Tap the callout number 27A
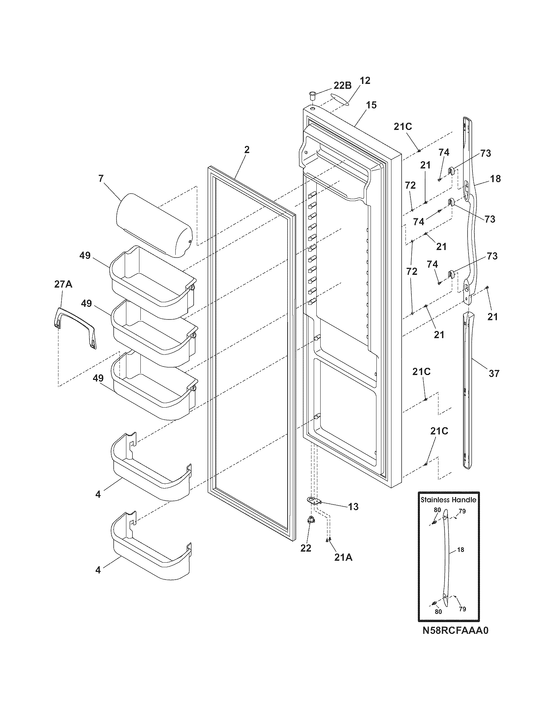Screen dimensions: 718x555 tap(63, 284)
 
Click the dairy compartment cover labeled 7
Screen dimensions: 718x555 tap(154, 225)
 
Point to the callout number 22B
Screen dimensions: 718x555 tap(342, 86)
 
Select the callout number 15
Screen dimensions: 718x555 tap(372, 105)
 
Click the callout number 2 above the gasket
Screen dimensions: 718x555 tap(246, 150)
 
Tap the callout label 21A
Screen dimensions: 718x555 tap(343, 557)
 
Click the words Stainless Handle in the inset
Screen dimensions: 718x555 tap(449, 500)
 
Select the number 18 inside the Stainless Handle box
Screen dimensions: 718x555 tap(461, 549)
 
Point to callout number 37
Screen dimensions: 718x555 tap(494, 373)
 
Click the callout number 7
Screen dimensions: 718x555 tap(101, 179)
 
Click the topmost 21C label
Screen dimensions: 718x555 tap(403, 127)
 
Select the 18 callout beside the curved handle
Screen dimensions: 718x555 tap(495, 179)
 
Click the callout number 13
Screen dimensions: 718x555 tap(353, 507)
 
